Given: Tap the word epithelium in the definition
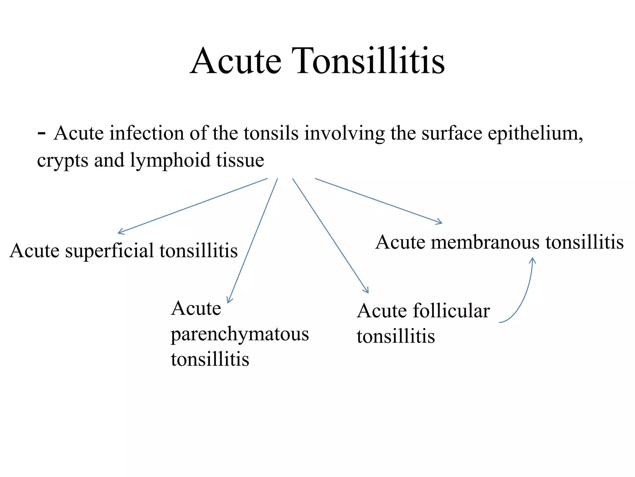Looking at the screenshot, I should pos(535,134).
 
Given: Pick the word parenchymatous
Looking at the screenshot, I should pos(240,334).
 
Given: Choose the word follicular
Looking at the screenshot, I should pos(451,311).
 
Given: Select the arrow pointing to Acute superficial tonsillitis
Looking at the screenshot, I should pos(192,206).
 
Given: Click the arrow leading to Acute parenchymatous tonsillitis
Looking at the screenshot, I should pos(252,241).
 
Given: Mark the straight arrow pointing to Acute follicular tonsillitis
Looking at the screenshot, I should pos(330,235).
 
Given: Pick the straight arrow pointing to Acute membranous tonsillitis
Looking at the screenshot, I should pos(378,201).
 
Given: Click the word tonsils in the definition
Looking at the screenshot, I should pos(271,134).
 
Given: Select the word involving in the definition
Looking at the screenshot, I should pos(344,134).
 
